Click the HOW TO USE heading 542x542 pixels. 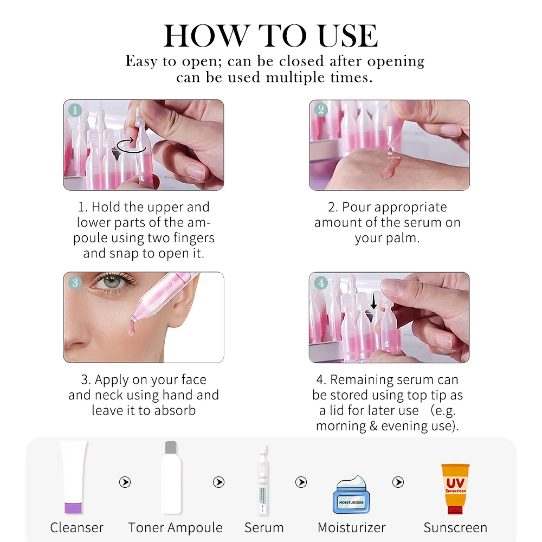point(270,36)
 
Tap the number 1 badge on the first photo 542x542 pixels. point(75,110)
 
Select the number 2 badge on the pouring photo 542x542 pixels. point(321,110)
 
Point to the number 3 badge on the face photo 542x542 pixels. point(75,283)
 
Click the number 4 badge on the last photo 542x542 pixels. point(321,283)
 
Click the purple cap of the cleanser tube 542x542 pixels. point(73,508)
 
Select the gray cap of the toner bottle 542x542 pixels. point(171,447)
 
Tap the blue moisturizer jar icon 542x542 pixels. point(351,495)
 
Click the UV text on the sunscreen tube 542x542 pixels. point(455,482)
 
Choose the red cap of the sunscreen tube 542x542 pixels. point(455,510)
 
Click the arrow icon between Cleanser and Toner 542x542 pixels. point(125,482)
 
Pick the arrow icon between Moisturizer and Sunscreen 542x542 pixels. point(398,482)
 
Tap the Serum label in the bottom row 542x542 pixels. point(264,527)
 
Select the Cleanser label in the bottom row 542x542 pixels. point(77,527)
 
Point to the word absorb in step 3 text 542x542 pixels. point(175,410)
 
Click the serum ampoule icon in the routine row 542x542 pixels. point(263,480)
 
